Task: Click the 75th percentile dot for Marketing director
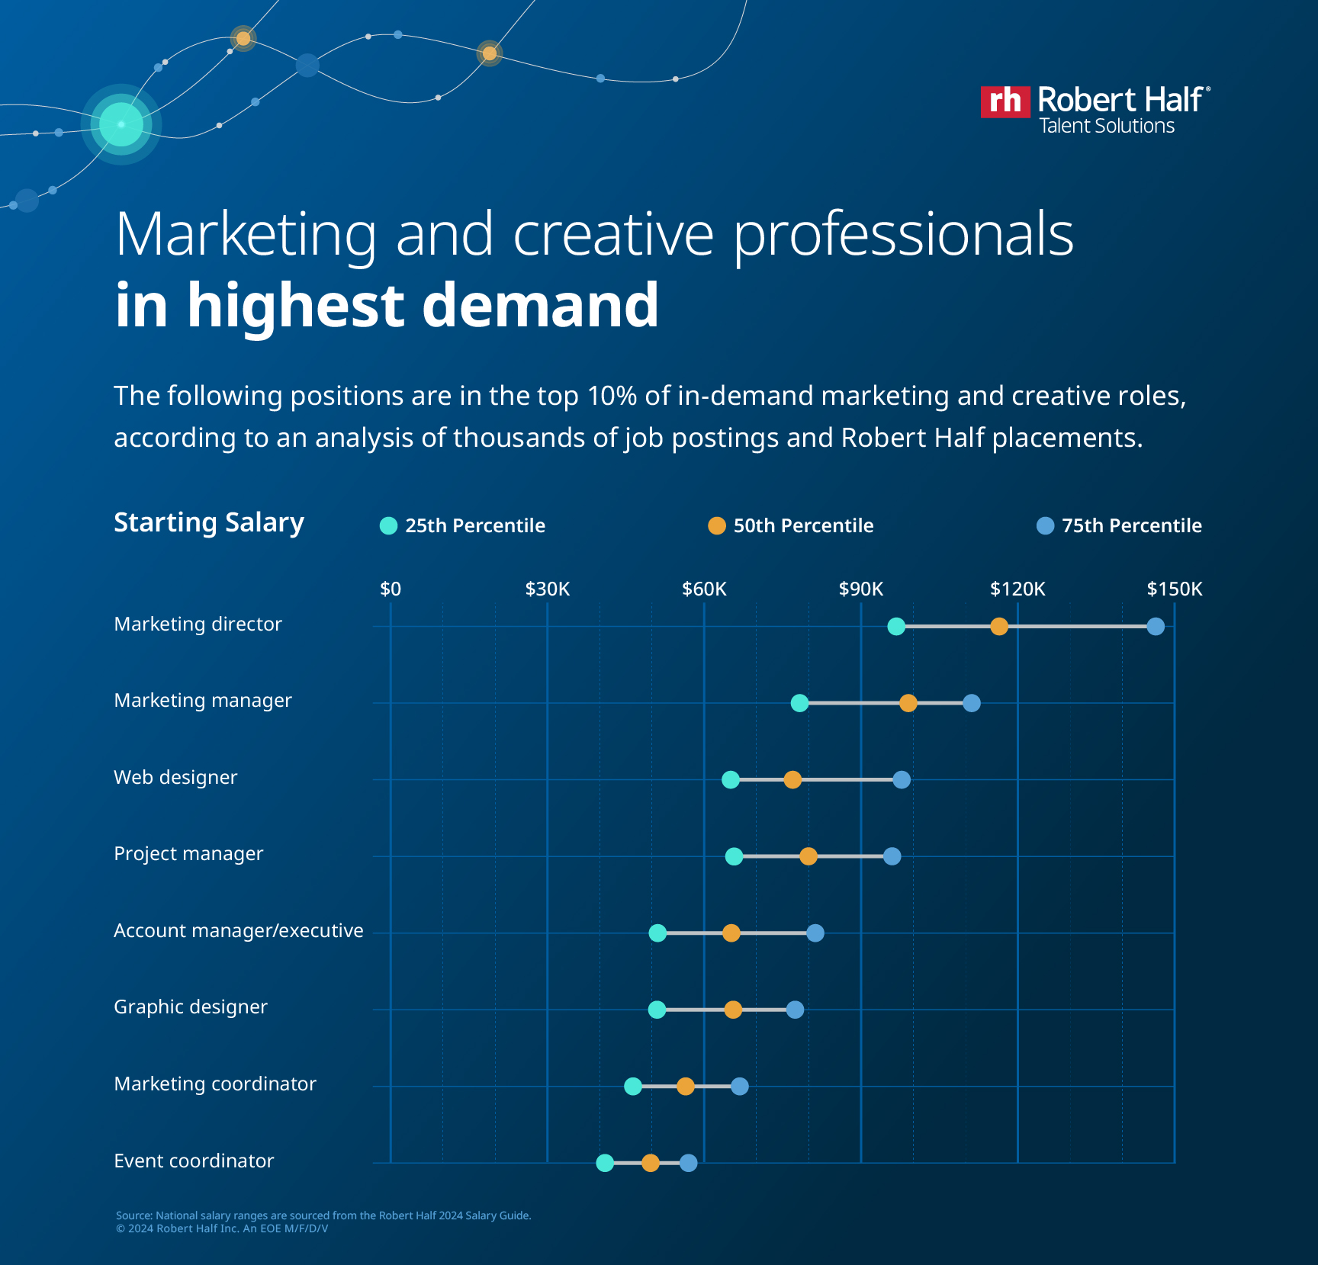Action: click(x=1156, y=627)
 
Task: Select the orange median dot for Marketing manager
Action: click(x=908, y=703)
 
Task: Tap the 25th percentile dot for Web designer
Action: click(x=731, y=779)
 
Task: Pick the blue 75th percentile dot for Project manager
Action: click(x=892, y=856)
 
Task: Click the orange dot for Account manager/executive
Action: click(x=731, y=933)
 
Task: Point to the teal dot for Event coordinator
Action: click(x=605, y=1163)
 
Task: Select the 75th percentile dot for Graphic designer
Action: click(x=795, y=1010)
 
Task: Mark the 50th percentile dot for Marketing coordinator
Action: click(x=686, y=1087)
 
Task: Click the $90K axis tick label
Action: click(x=860, y=589)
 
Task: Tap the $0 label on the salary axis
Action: click(x=391, y=589)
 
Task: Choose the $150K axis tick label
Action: click(x=1174, y=589)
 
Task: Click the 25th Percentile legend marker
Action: click(x=389, y=526)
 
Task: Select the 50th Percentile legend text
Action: click(x=803, y=525)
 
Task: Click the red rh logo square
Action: click(x=1005, y=101)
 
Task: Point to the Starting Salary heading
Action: click(x=209, y=522)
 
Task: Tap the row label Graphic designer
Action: click(x=191, y=1007)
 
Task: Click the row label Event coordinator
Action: click(x=194, y=1161)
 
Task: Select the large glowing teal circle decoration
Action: click(x=121, y=124)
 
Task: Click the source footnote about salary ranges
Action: click(x=323, y=1215)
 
